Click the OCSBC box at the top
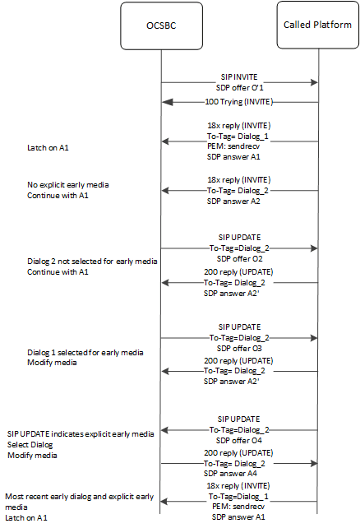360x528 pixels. coord(161,25)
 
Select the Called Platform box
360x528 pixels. coord(318,25)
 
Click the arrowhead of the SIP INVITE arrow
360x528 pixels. coord(313,81)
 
